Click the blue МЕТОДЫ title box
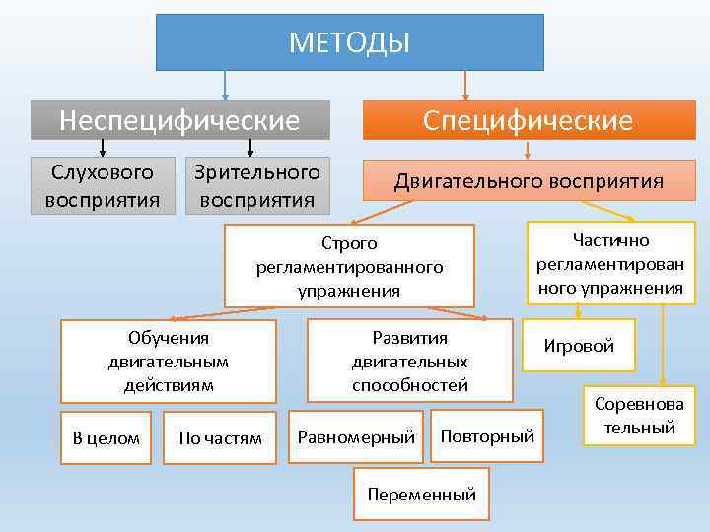pos(350,42)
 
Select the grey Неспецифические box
pos(179,120)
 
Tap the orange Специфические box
pos(528,121)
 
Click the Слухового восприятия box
pos(103,186)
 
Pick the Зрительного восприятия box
pos(257,186)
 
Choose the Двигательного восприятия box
pos(529,181)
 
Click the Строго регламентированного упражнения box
pos(349,266)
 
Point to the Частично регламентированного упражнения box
pos(610,264)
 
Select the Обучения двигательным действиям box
pos(169,361)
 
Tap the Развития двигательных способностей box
pos(409,361)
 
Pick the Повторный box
pos(487,435)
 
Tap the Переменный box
pos(421,495)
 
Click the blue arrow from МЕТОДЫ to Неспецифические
pos(227,84)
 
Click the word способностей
pos(409,384)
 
